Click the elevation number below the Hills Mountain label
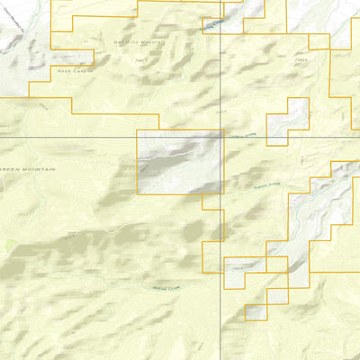[x=139, y=60]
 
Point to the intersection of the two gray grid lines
[x=222, y=137]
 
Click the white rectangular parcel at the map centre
[x=179, y=163]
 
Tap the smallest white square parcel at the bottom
[x=256, y=311]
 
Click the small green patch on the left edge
[x=8, y=244]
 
